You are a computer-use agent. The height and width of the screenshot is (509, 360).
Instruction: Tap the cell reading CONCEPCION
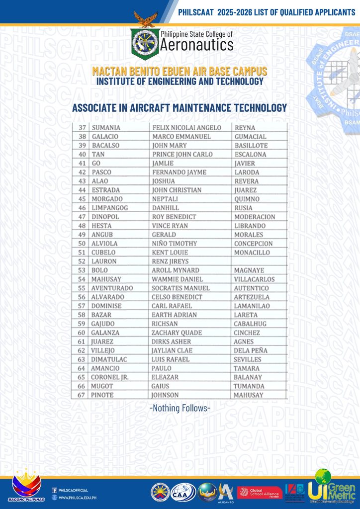pos(253,244)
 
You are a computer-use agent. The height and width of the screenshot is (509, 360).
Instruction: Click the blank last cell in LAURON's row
pos(259,261)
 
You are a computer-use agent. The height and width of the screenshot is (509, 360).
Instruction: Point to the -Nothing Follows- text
pos(180,408)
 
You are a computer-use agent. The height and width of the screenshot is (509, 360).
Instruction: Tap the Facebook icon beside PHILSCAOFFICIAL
pos(54,490)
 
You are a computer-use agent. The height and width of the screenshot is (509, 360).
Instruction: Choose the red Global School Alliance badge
pos(260,493)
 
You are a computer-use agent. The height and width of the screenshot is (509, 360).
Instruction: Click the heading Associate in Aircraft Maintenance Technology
pos(180,107)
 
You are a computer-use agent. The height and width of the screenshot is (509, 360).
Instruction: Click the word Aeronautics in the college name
pos(196,46)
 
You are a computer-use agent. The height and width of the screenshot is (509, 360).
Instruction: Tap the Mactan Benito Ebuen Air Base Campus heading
pos(180,71)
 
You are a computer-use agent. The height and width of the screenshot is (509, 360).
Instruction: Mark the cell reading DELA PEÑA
pos(250,350)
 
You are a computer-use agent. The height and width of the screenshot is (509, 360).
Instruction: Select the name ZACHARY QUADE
pos(177,333)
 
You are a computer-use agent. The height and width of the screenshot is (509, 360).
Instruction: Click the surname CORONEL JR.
pos(110,377)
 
